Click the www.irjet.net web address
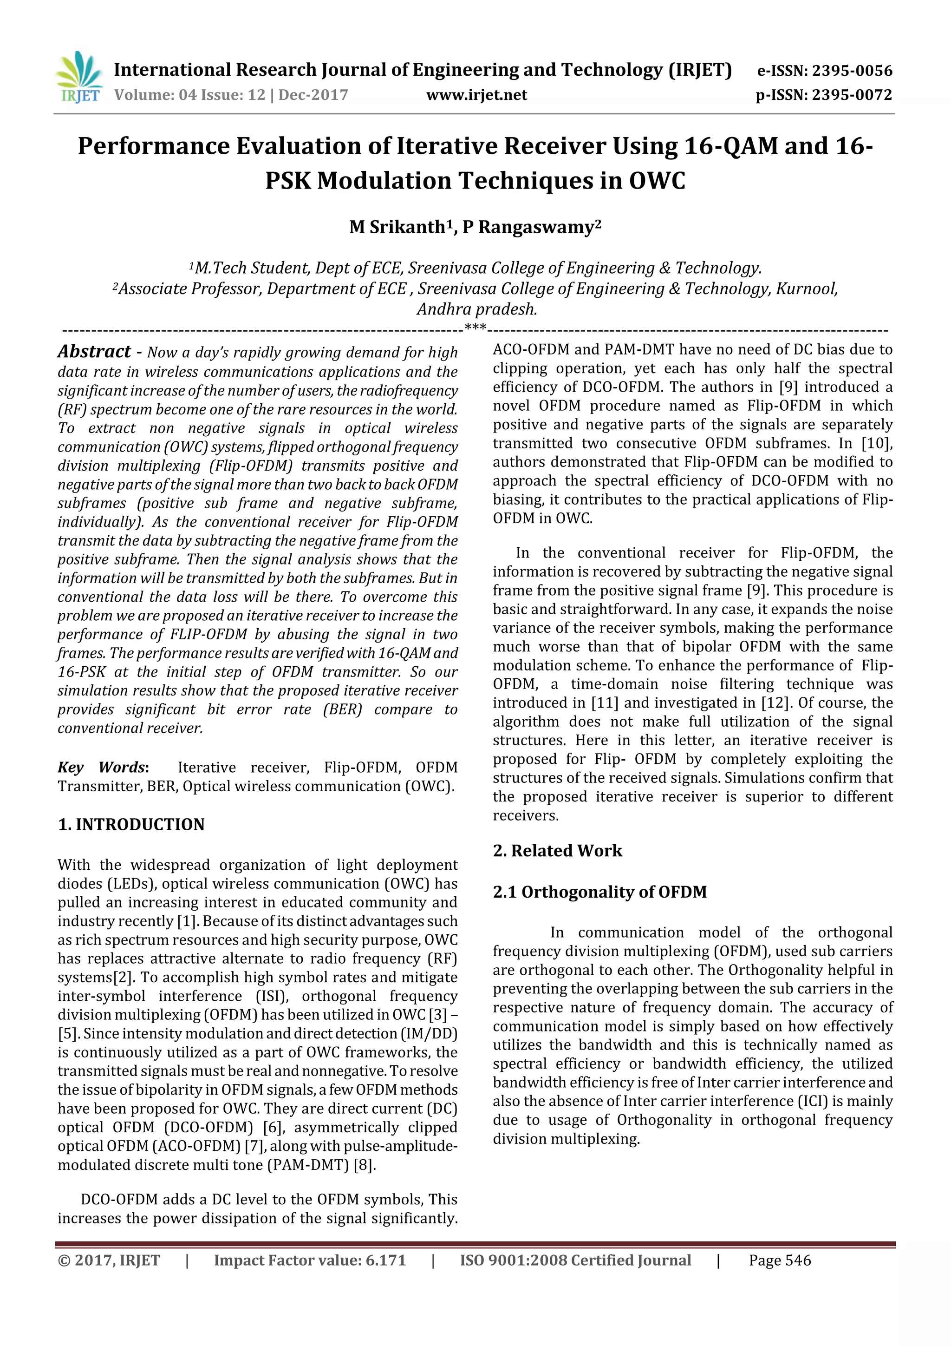pos(476,95)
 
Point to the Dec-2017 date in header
pos(313,95)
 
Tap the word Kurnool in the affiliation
pos(806,289)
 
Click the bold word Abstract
pos(94,351)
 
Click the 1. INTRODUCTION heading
pos(131,824)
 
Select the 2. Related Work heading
pos(557,851)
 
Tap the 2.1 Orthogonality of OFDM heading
pos(599,892)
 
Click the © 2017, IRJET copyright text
pos(109,1261)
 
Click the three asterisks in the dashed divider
pos(475,327)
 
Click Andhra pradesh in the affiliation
pos(476,309)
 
